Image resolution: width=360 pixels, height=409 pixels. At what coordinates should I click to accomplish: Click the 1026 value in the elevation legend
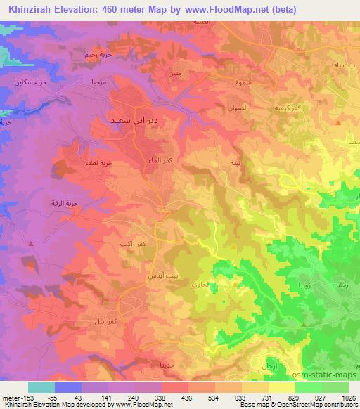[349, 398]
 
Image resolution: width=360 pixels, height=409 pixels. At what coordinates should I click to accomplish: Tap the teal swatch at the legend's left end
[41, 387]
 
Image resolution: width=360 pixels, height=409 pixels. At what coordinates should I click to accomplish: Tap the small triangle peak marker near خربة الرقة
[32, 244]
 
